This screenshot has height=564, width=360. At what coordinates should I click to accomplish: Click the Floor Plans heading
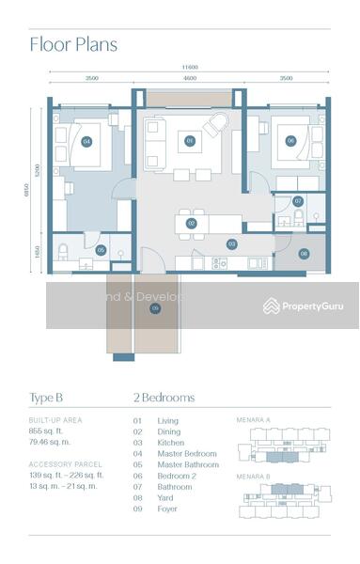[x=73, y=43]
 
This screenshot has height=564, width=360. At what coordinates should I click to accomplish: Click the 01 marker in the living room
[x=190, y=142]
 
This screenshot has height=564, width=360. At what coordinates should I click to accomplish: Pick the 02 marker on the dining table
[x=191, y=224]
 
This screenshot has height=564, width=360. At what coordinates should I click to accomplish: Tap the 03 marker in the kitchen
[x=231, y=243]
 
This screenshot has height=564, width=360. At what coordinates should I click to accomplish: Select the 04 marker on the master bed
[x=86, y=142]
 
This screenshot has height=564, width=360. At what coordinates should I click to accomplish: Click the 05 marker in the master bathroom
[x=101, y=250]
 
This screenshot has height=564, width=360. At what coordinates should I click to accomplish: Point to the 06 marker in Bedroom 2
[x=290, y=141]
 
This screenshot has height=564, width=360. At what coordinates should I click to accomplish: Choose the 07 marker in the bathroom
[x=298, y=201]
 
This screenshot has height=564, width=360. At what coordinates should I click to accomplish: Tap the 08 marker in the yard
[x=304, y=253]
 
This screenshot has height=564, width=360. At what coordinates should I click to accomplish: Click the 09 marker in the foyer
[x=155, y=306]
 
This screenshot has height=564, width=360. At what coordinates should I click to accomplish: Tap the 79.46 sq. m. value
[x=50, y=440]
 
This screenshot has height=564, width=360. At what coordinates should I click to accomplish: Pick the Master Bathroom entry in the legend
[x=188, y=465]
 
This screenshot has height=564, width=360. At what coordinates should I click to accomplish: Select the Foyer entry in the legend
[x=167, y=509]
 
